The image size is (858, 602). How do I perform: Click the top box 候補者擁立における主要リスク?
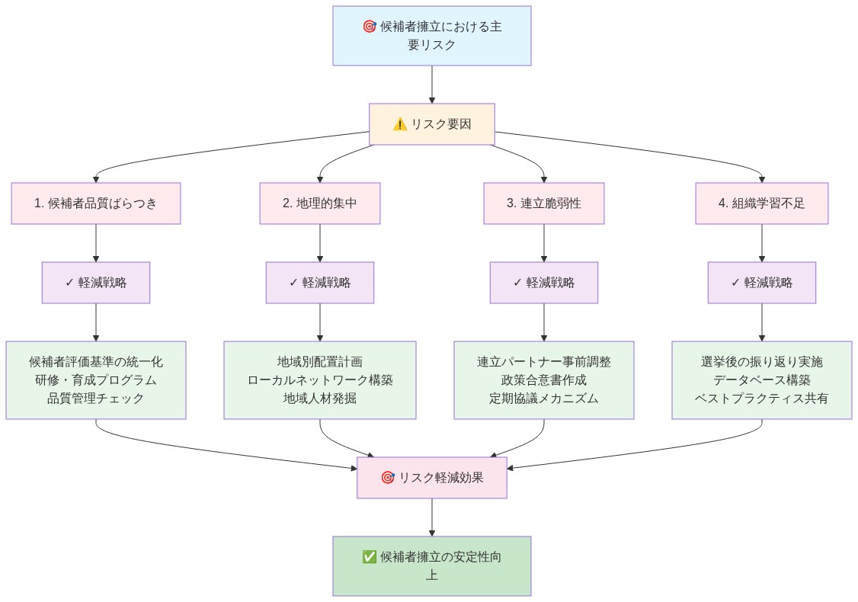click(x=431, y=36)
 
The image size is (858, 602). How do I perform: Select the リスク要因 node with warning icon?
click(x=431, y=124)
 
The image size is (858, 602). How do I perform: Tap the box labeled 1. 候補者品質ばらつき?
click(x=96, y=203)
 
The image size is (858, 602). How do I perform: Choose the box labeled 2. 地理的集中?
click(x=319, y=203)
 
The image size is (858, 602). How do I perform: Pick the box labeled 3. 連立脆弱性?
click(x=543, y=203)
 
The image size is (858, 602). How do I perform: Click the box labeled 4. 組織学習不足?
click(x=761, y=203)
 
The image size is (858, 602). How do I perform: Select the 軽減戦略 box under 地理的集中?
click(x=319, y=283)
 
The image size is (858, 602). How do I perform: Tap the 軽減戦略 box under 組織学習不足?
click(x=761, y=283)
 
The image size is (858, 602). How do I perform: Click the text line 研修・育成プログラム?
click(x=96, y=380)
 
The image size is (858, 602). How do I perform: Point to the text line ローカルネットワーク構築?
click(x=319, y=380)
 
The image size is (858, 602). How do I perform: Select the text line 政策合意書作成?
click(x=543, y=380)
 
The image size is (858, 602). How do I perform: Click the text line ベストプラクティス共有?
click(x=761, y=399)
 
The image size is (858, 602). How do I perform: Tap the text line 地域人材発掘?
click(x=319, y=399)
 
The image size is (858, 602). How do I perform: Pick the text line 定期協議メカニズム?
click(x=543, y=399)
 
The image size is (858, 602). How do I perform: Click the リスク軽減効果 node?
click(x=431, y=478)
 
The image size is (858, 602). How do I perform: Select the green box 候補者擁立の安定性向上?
click(x=431, y=566)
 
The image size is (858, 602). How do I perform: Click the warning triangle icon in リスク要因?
click(x=400, y=124)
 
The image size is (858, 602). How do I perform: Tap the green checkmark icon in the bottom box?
click(x=370, y=557)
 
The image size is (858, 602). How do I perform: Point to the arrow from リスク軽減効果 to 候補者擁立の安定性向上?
click(x=432, y=517)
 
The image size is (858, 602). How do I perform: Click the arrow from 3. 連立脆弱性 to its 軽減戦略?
click(x=543, y=243)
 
